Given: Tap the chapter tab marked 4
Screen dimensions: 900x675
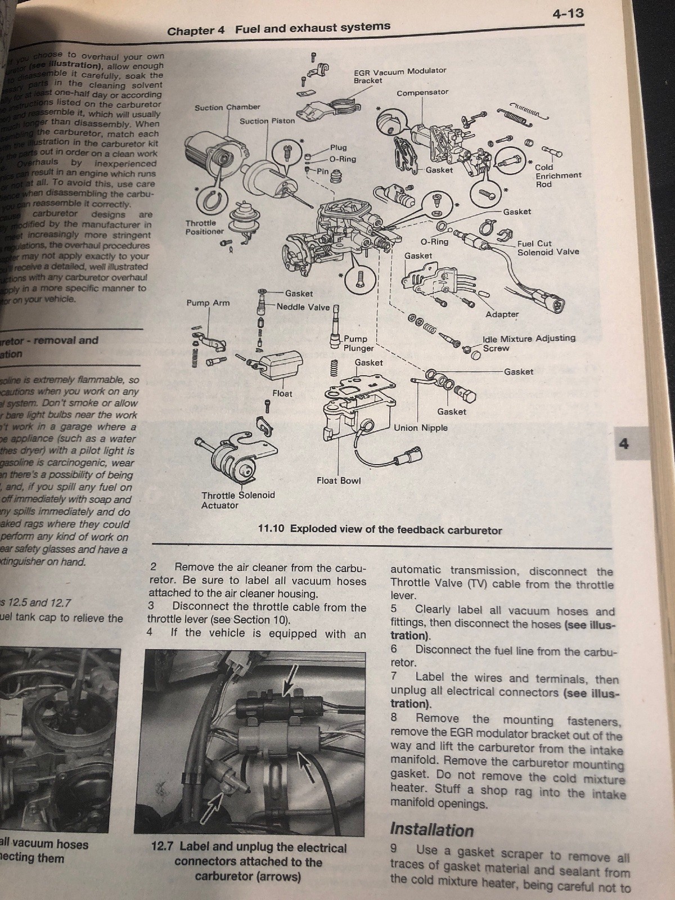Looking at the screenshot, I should [624, 444].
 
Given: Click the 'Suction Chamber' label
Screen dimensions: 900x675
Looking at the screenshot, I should [227, 107].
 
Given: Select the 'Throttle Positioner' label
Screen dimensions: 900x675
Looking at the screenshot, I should [204, 227].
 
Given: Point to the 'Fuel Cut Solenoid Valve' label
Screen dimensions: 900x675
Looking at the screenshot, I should [547, 247].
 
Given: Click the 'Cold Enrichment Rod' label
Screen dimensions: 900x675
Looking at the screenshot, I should [557, 175].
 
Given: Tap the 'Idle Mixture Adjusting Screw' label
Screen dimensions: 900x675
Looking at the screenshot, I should [528, 343].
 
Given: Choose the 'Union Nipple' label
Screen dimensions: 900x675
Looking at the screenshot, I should [421, 427].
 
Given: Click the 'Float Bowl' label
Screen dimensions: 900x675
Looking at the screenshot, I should [339, 480].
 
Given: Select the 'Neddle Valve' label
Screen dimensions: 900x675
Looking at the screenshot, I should [303, 307].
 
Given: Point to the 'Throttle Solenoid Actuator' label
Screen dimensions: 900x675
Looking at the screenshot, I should [238, 500].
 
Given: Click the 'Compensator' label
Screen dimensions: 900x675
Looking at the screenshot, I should [422, 92].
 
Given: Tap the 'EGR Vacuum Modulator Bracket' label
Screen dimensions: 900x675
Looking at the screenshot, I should [399, 75].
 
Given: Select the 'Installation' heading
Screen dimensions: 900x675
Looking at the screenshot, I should [431, 830].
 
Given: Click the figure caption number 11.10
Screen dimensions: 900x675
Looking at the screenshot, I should [272, 529].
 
